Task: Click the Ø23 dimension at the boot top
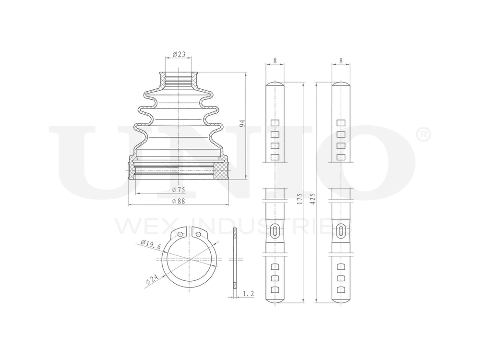coord(179,54)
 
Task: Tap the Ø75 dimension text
coord(178,190)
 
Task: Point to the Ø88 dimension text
coord(178,201)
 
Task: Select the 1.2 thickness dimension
coord(248,293)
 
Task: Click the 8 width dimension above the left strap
coord(275,60)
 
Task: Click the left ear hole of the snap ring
coord(180,235)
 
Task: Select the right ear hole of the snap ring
coord(198,235)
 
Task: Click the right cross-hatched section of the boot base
coord(220,170)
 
